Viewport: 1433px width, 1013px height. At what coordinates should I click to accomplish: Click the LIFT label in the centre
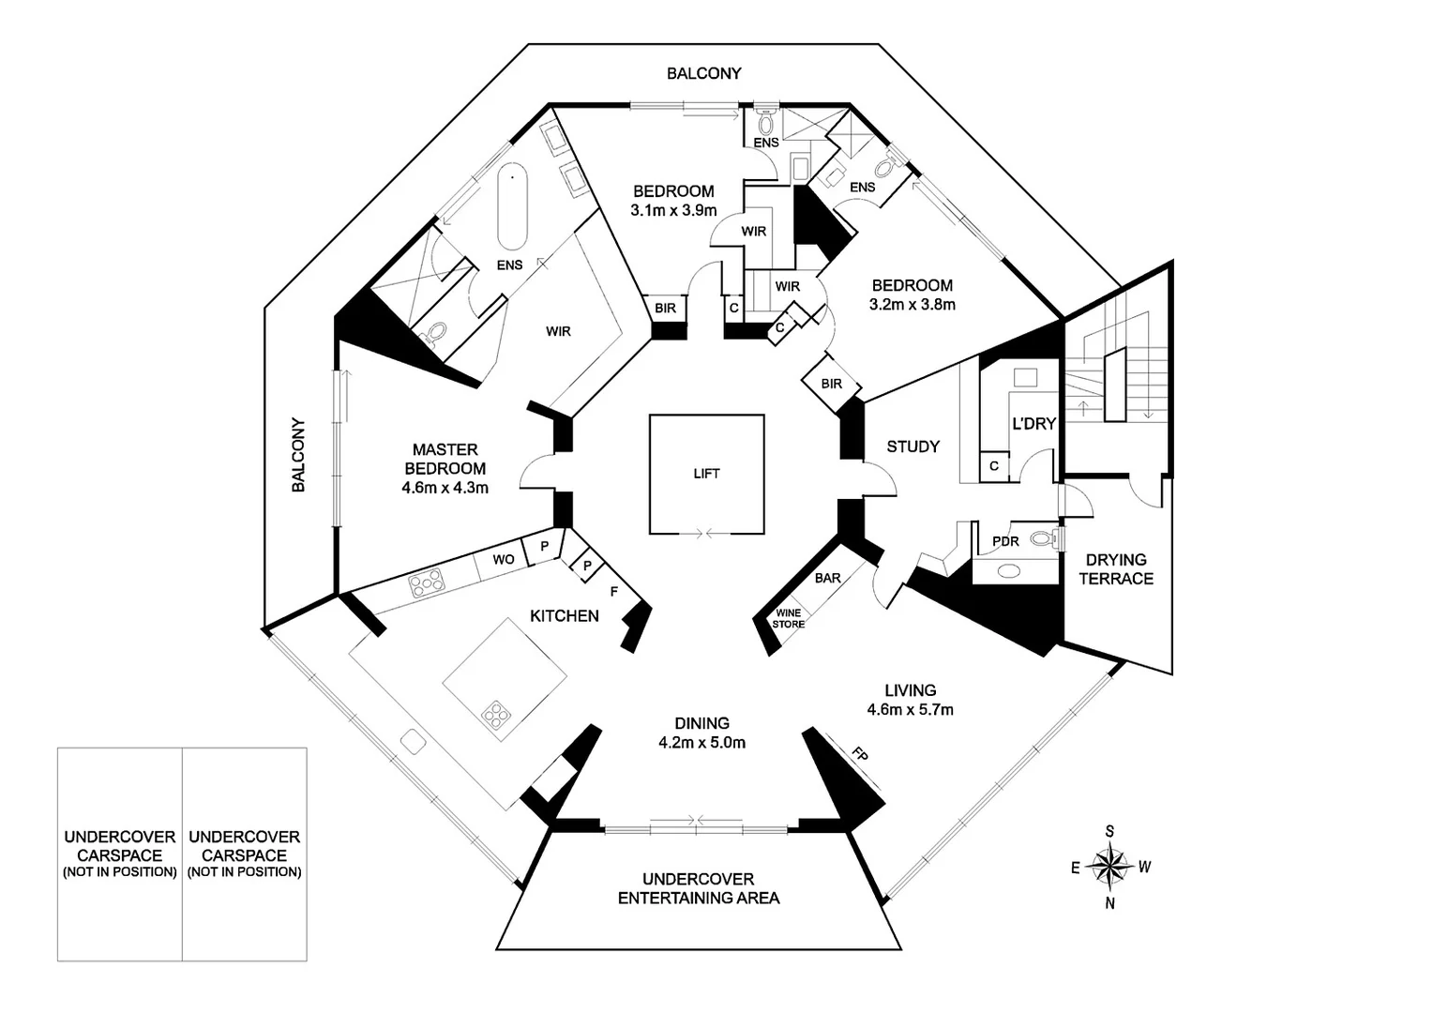click(x=706, y=474)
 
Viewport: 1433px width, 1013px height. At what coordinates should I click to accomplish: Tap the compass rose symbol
click(x=1110, y=867)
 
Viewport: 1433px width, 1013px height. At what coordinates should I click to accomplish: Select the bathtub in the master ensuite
click(x=513, y=206)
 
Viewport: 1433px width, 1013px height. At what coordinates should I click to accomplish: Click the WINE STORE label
click(x=788, y=618)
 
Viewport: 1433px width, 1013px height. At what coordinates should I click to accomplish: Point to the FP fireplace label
click(x=860, y=754)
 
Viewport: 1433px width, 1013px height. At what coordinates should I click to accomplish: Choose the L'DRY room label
click(x=1033, y=423)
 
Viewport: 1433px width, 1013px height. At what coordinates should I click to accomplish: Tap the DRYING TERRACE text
click(x=1116, y=569)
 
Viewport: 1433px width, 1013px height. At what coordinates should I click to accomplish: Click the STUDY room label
click(x=913, y=446)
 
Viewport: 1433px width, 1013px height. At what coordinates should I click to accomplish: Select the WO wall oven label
click(x=504, y=559)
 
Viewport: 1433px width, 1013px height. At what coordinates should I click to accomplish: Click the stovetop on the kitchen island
click(x=496, y=715)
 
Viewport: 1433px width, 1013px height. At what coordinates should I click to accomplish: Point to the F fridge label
click(x=614, y=592)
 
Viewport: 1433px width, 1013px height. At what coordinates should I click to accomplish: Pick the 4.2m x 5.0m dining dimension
click(x=701, y=742)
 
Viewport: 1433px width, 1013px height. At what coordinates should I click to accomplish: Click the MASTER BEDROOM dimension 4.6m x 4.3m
click(x=445, y=488)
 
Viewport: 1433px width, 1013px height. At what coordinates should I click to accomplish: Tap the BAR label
click(x=828, y=578)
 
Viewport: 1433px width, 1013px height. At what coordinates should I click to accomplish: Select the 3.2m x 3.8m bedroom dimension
click(x=913, y=304)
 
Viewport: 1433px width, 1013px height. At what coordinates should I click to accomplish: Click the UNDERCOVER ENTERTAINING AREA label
click(x=699, y=888)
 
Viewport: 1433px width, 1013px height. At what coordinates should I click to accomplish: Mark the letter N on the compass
click(x=1110, y=903)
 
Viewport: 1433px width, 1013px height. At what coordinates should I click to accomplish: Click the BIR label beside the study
click(x=832, y=384)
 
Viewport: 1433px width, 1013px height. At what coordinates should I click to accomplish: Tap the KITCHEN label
click(x=565, y=615)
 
